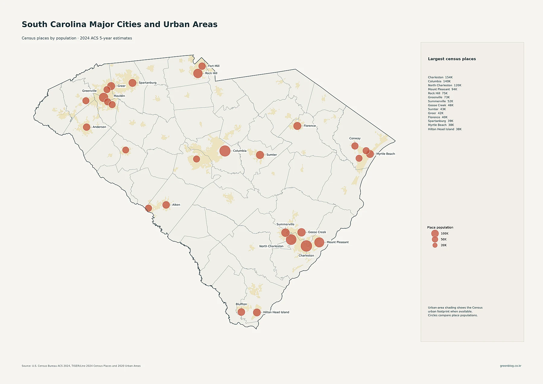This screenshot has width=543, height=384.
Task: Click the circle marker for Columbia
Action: (225, 151)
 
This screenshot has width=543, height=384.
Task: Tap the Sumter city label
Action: (271, 155)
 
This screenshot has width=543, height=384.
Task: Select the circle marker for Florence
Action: (297, 126)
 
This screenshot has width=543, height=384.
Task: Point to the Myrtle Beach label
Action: (386, 154)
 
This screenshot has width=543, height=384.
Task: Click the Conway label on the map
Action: (355, 138)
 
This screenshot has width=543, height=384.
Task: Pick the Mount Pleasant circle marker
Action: (319, 242)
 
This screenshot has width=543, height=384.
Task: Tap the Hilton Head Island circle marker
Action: (257, 313)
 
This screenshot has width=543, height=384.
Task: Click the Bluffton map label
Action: (241, 304)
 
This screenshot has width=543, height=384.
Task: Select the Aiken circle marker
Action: (166, 205)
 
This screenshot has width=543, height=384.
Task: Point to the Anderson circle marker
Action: (87, 127)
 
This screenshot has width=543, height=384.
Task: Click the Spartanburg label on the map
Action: (148, 83)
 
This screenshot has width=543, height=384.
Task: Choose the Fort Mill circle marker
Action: (202, 66)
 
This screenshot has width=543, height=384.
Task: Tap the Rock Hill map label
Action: (211, 73)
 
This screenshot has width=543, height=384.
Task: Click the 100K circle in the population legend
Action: (435, 233)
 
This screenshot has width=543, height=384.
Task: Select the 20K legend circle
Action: (435, 245)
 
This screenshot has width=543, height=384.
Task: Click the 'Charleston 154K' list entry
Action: (440, 78)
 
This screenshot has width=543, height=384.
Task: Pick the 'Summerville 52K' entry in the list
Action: (440, 101)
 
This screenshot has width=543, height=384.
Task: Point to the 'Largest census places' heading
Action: (452, 59)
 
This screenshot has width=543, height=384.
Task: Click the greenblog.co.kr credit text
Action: (510, 366)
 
